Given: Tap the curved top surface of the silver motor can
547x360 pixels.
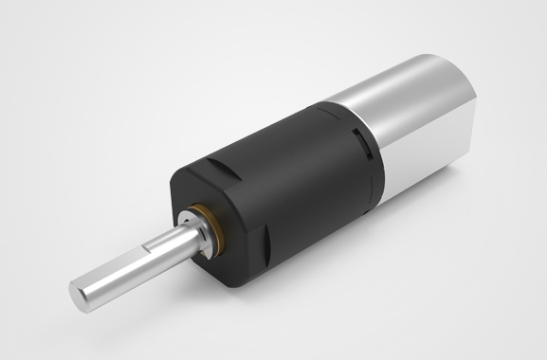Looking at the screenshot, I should tap(398, 81).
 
